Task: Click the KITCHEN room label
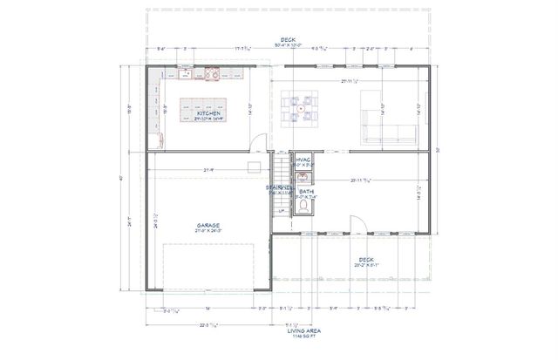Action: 208,113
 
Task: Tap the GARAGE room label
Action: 208,225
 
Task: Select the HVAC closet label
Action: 304,160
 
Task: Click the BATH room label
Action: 305,191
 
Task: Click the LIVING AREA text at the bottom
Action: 280,332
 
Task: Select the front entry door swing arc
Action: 346,224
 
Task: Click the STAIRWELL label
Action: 280,187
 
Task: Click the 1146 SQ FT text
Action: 280,338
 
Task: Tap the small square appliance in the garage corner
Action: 254,166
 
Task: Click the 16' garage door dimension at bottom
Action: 207,307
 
